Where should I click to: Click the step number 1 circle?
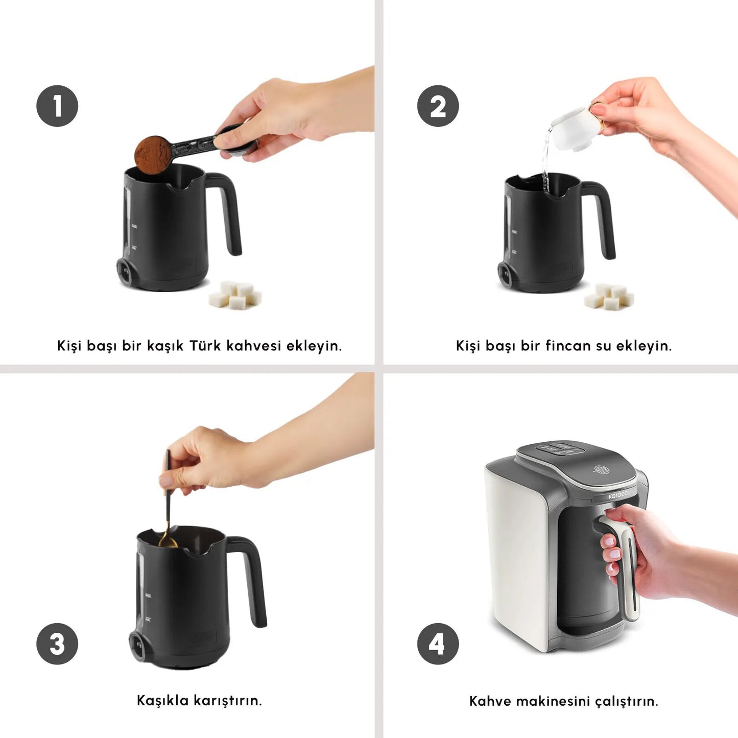click(x=57, y=106)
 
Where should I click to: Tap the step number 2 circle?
click(x=438, y=106)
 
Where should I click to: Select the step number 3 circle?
click(x=57, y=644)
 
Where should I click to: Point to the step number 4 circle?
click(x=438, y=644)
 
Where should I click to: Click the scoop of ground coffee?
click(x=152, y=152)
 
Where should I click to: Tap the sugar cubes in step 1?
click(x=235, y=296)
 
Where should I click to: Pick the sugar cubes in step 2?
click(x=610, y=297)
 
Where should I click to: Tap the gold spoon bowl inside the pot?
click(x=167, y=540)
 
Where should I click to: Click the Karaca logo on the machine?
click(x=617, y=495)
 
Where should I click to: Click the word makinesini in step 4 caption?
click(x=553, y=701)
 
